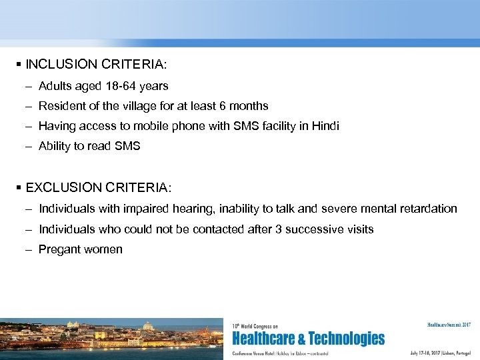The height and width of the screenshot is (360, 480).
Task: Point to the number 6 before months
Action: pyautogui.click(x=227, y=106)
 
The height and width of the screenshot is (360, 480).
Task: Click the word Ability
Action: pyautogui.click(x=55, y=146)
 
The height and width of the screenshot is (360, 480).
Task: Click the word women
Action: pyautogui.click(x=103, y=249)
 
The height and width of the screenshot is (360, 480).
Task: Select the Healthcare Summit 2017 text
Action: pyautogui.click(x=449, y=325)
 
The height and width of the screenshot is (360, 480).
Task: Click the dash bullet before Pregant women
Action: pyautogui.click(x=30, y=249)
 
